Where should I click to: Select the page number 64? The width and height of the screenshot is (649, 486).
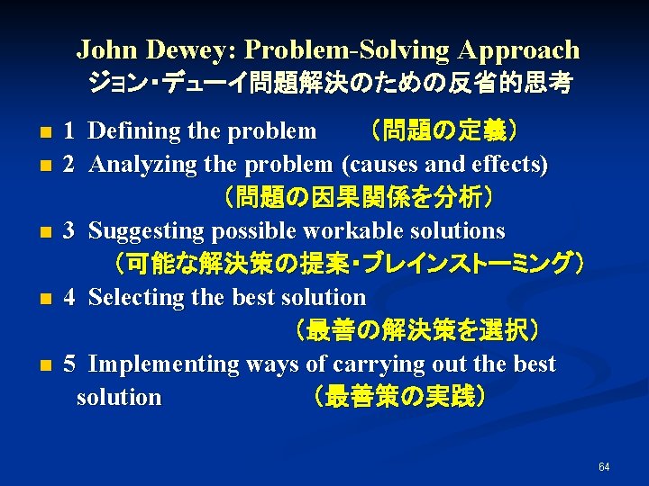(604, 466)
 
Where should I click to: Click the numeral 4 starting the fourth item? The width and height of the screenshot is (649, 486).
(69, 297)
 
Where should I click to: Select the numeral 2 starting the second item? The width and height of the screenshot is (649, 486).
(69, 165)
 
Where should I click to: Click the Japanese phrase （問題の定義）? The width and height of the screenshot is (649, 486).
(438, 131)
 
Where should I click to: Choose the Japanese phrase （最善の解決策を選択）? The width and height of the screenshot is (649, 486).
(416, 330)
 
